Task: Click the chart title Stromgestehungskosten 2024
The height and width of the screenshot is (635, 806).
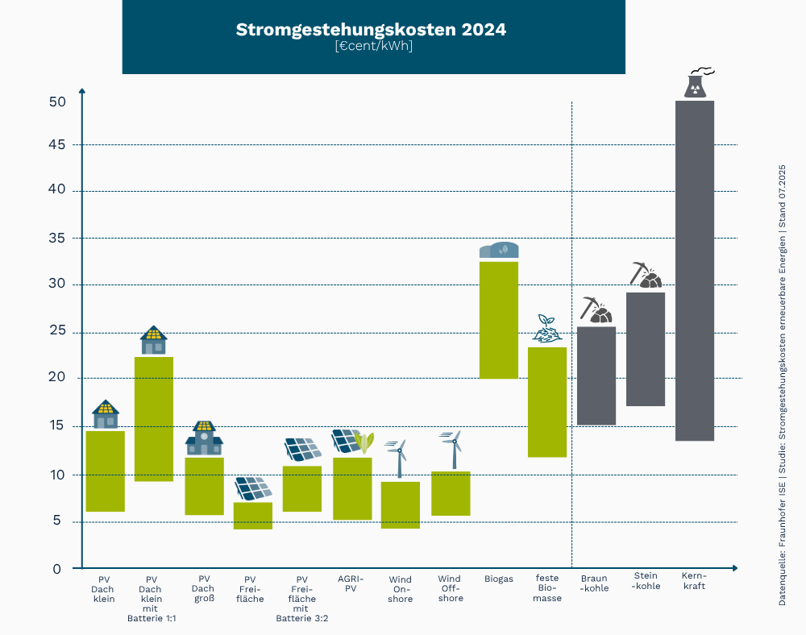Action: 371,30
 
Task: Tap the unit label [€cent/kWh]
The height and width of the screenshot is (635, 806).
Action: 374,47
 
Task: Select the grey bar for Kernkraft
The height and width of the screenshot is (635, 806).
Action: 695,271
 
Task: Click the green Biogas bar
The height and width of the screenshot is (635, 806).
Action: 499,320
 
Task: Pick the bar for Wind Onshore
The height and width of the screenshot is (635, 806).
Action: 401,504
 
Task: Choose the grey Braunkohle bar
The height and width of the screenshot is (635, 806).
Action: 596,376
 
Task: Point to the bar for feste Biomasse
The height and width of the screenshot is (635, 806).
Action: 547,402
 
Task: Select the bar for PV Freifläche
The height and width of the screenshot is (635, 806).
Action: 253,516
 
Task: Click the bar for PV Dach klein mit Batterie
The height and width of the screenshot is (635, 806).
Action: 154,419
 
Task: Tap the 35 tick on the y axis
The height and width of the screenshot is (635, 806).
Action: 56,239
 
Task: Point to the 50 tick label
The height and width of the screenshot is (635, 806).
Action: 56,102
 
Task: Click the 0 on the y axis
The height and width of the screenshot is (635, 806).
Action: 56,569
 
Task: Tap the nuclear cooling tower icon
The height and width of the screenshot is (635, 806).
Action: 696,83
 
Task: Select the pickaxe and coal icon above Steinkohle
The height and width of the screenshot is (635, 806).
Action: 646,276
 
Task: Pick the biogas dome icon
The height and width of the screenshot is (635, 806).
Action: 499,251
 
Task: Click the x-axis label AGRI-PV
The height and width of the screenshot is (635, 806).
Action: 351,583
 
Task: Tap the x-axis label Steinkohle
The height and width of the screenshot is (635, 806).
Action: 646,581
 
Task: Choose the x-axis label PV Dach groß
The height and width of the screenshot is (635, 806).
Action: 204,589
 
